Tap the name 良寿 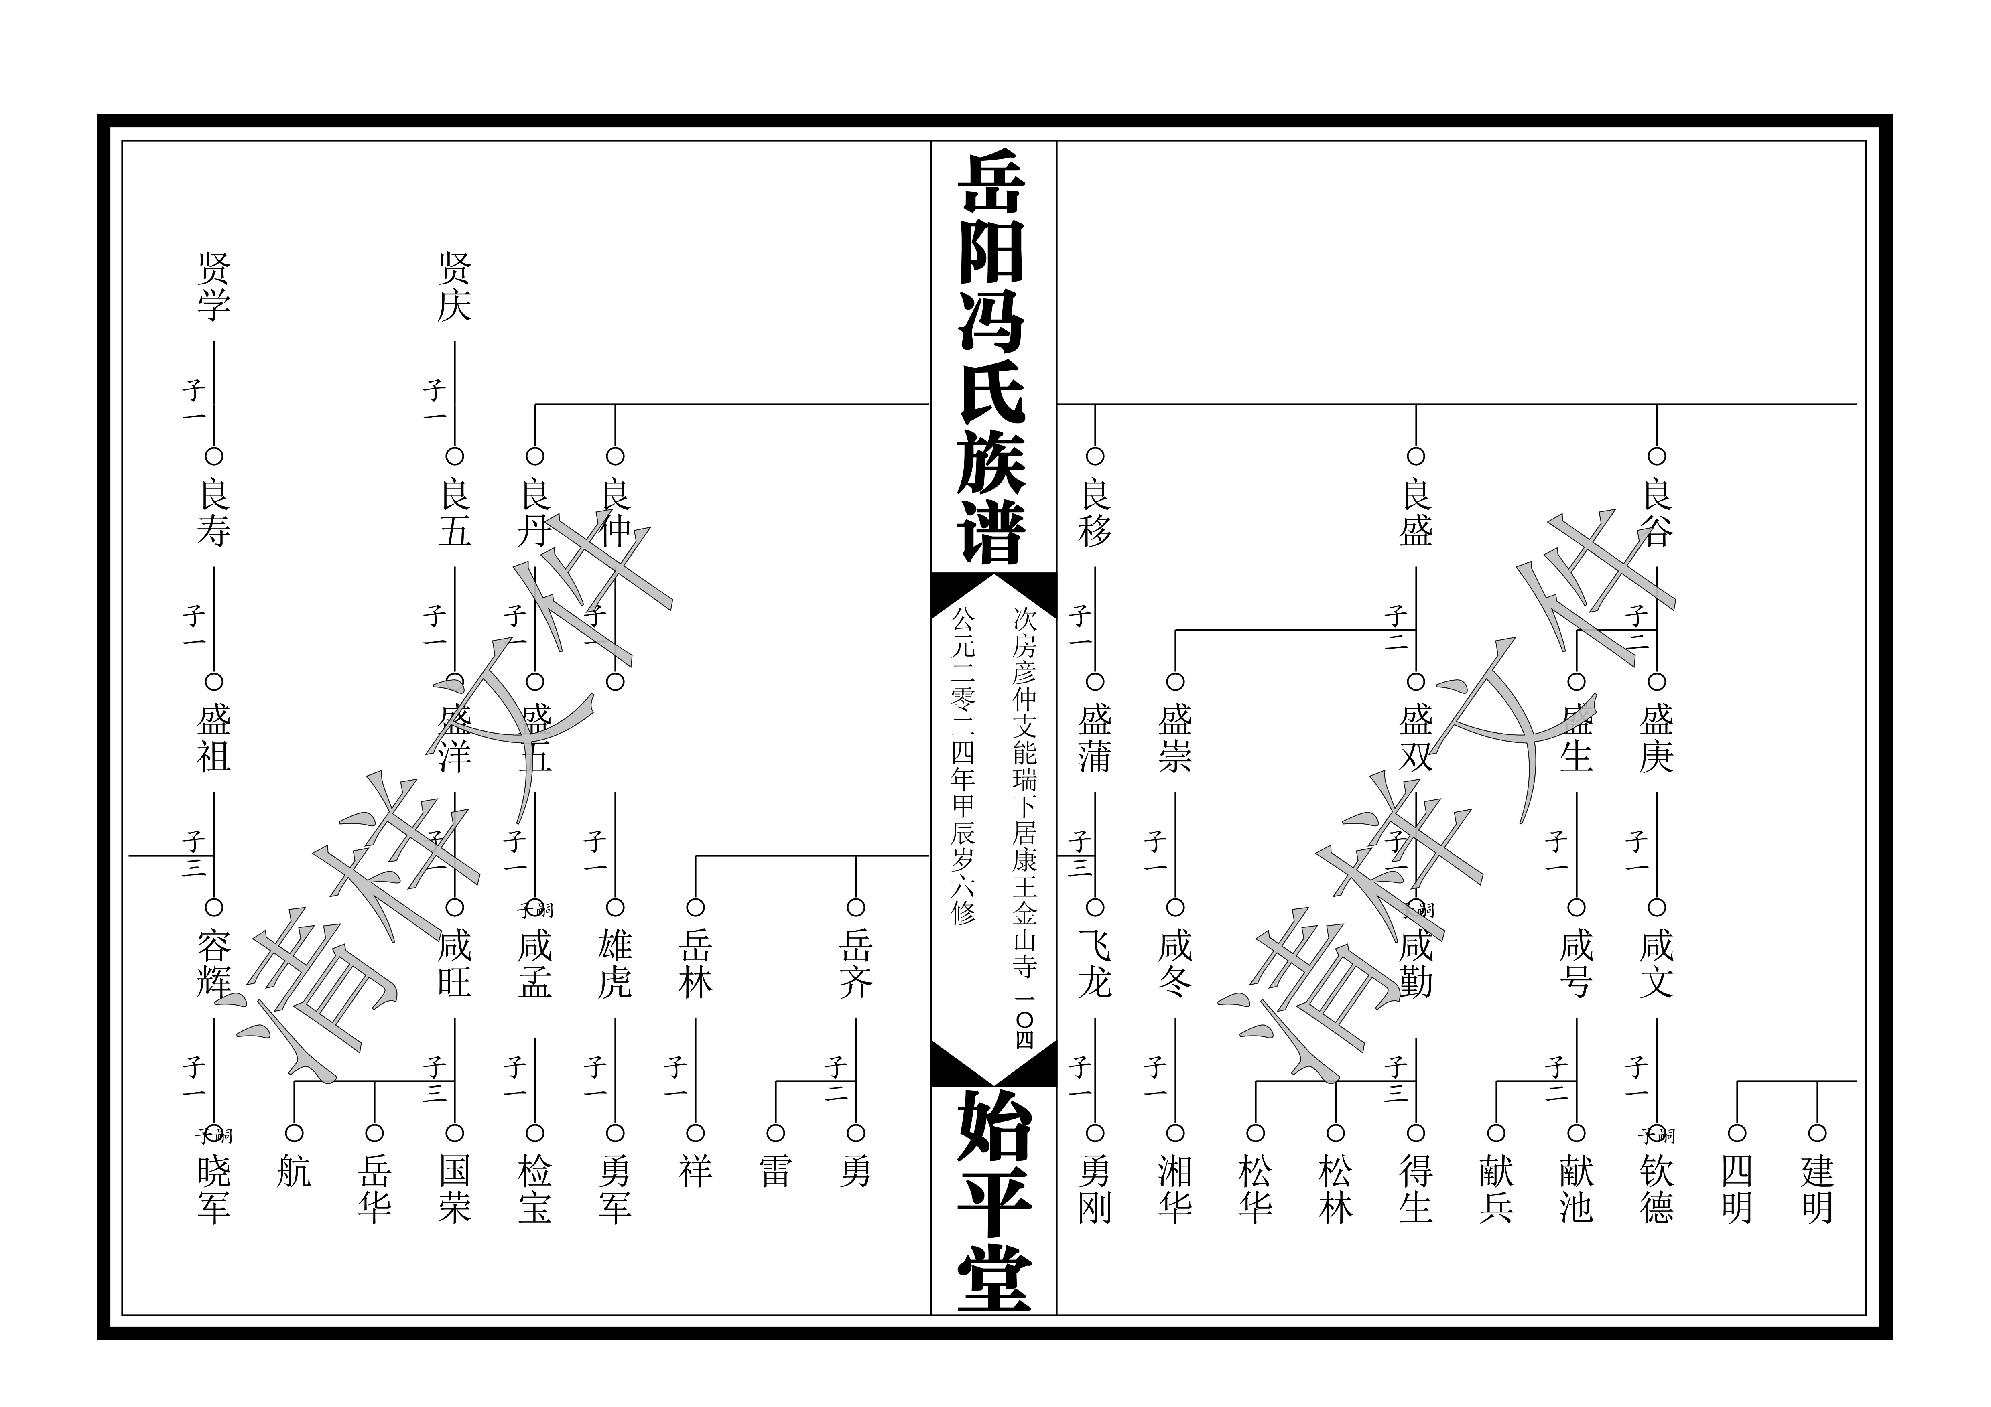click(x=213, y=513)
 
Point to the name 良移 click(x=1095, y=513)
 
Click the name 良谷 click(x=1656, y=513)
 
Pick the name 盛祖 click(x=213, y=739)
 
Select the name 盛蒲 click(x=1095, y=739)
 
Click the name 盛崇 click(x=1175, y=739)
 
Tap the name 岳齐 click(x=856, y=964)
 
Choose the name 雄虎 click(x=615, y=964)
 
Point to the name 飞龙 click(x=1095, y=964)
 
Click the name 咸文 click(x=1656, y=964)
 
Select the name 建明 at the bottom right click(x=1817, y=1189)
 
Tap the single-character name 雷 click(x=775, y=1172)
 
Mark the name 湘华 click(x=1175, y=1189)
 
